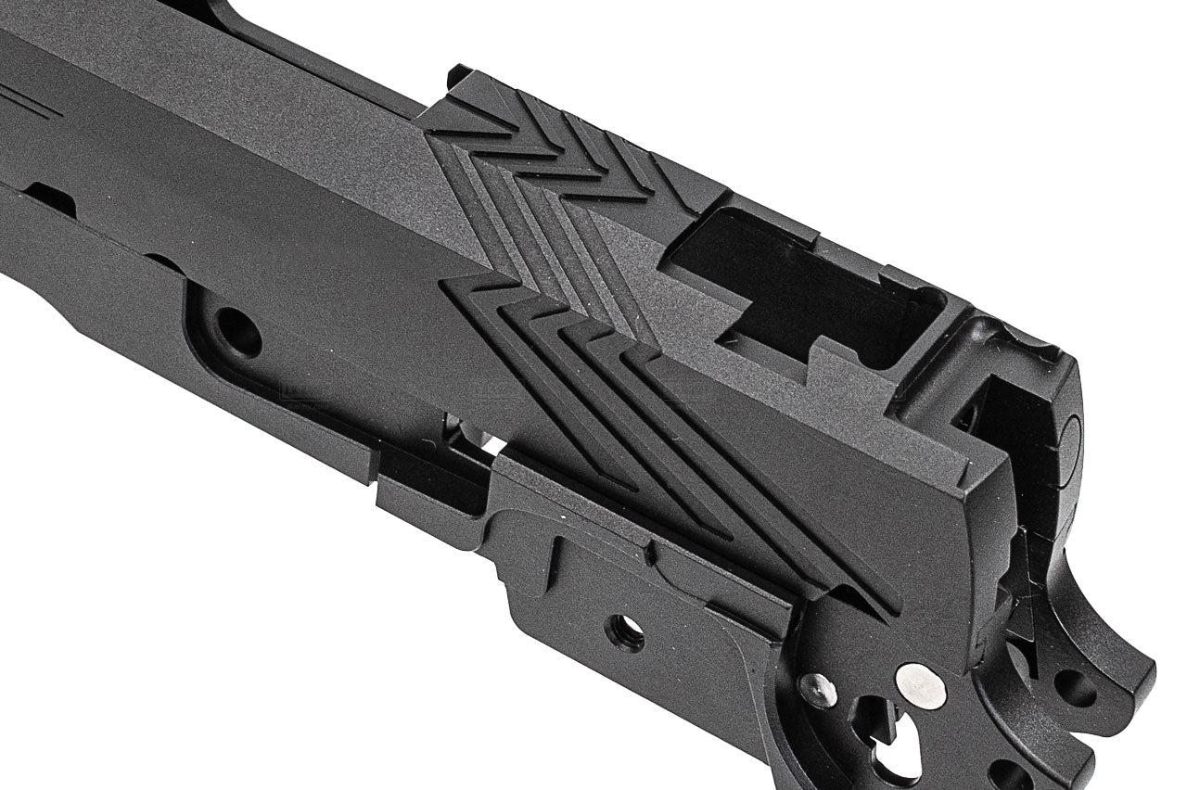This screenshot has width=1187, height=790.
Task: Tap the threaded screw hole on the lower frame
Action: pyautogui.click(x=625, y=632)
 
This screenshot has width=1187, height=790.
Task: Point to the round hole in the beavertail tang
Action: pyautogui.click(x=1075, y=687)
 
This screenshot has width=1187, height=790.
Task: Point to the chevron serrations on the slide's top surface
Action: pyautogui.click(x=556, y=148)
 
